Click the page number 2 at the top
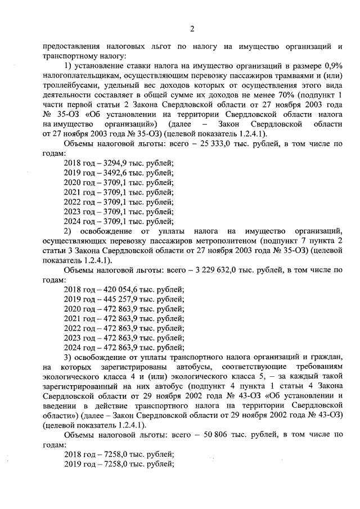(x=191, y=29)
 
